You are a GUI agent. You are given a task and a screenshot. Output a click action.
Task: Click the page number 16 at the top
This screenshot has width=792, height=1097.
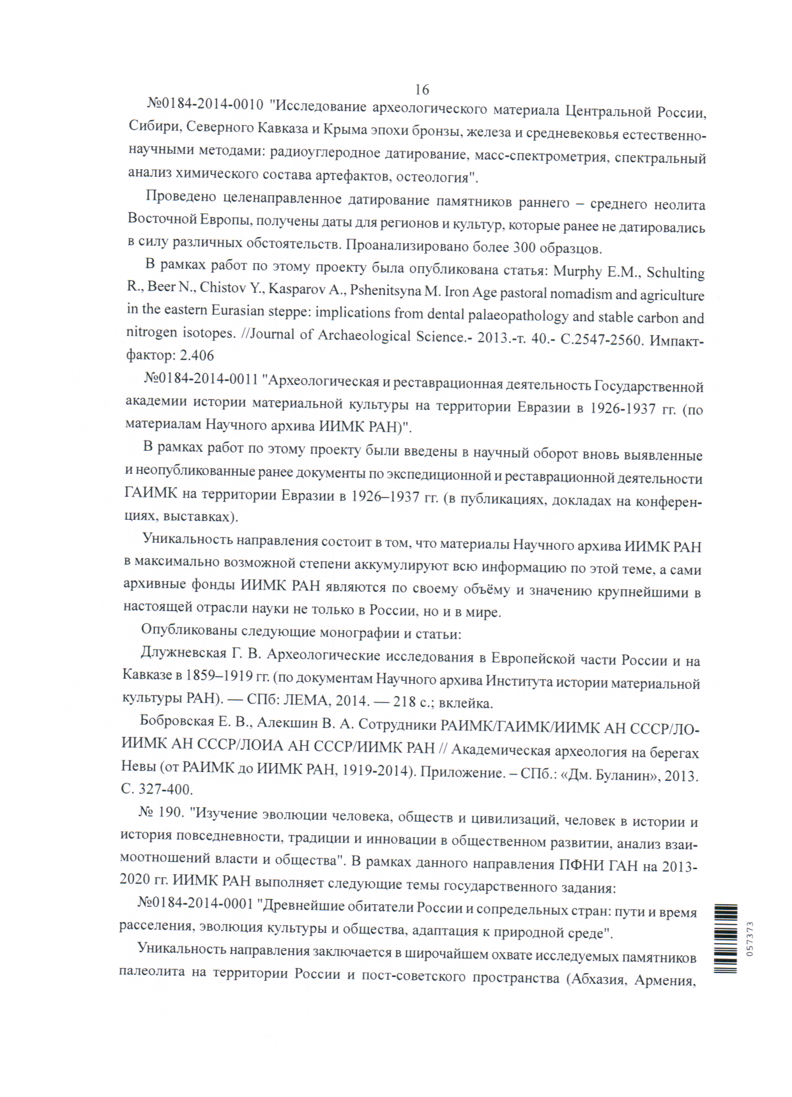coord(422,89)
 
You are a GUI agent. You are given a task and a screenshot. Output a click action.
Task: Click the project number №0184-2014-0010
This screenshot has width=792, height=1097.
coord(205,105)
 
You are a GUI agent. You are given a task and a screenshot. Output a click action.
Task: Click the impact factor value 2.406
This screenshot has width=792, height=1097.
coord(197,355)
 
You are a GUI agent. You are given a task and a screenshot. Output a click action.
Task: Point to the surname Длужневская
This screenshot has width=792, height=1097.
coord(184,653)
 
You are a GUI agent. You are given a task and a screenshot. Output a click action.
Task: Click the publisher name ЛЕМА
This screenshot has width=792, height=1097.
coord(305,700)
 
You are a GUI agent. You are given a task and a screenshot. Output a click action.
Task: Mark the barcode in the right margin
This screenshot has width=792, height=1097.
coord(726,939)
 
